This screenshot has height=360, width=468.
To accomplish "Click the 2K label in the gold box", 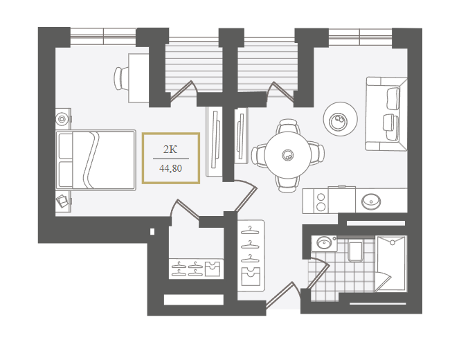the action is coord(170,149).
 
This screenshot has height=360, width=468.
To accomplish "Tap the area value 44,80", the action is coord(170,168).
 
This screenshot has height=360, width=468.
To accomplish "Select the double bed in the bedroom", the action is coord(96,160).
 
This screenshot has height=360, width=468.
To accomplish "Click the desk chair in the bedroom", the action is coord(121,78).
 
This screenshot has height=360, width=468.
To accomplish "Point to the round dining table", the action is coord(288,155).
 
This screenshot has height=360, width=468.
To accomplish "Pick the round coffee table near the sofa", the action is coord(340,119).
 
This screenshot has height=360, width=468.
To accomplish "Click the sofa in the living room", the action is coord(386,114).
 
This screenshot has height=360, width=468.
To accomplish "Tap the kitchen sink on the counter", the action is coord(371,201).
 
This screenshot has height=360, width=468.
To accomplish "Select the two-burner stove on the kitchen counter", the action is coord(321,201).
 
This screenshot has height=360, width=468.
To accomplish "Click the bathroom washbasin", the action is coord(323,243).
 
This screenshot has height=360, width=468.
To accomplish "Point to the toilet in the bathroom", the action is coord(355,251).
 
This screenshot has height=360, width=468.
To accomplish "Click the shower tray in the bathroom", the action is coord(391,264).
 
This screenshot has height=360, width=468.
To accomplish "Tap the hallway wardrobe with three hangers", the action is coord(251,256).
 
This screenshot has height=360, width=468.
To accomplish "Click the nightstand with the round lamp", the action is coord(63,119).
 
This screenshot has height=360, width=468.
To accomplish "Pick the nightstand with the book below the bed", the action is coord(63,201).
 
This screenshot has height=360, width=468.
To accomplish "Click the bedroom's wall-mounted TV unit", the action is coord(215,141).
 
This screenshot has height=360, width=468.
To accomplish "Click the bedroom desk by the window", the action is coord(138,78).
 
